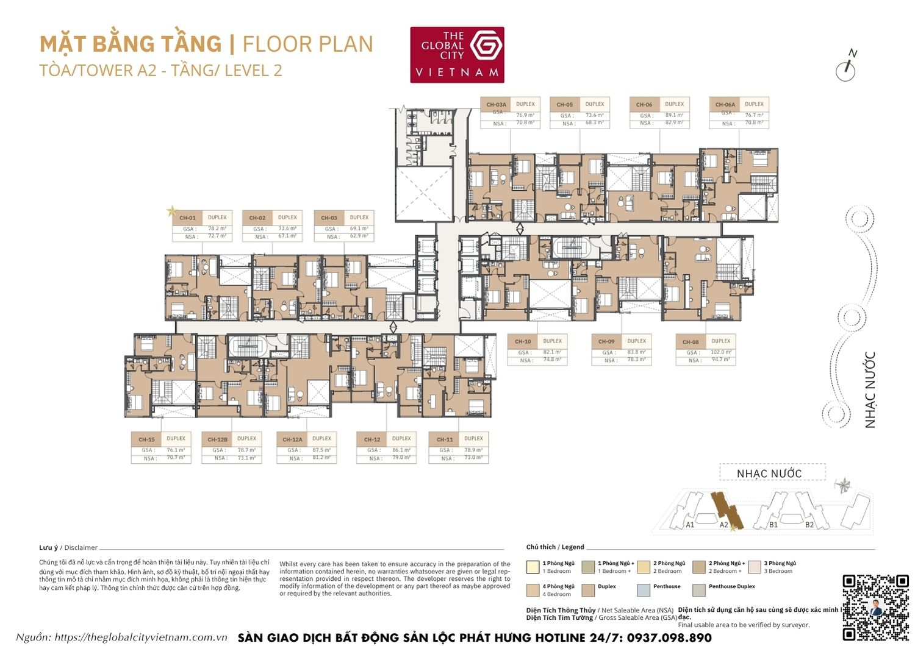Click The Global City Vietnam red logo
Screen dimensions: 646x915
[457, 55]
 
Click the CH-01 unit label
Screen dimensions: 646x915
[187, 218]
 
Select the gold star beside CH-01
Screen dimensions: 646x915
[171, 211]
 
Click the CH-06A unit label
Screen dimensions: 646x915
[725, 104]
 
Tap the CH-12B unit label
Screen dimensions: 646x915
[217, 439]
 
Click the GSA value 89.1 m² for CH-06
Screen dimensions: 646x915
[674, 115]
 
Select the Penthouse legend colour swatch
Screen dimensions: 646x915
[643, 589]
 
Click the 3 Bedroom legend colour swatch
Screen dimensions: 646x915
[755, 567]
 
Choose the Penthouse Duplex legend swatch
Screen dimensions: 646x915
[698, 589]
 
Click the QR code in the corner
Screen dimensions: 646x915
[875, 606]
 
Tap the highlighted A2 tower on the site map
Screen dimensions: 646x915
[725, 509]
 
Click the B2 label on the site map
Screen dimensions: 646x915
[809, 524]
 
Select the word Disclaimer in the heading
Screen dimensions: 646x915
[81, 547]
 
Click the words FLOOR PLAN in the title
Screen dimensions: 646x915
[307, 44]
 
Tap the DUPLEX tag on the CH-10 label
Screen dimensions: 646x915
[552, 341]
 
